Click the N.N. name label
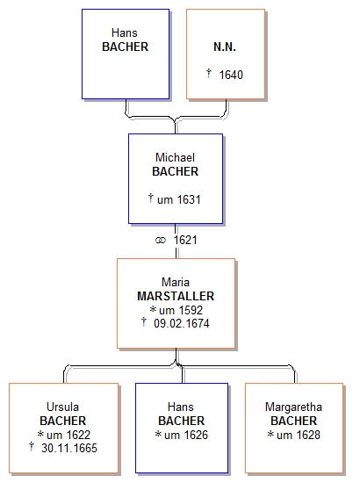point(225,47)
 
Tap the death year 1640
point(231,75)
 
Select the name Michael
point(175,157)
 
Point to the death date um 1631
point(179,199)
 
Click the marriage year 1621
point(185,240)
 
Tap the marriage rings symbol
point(161,240)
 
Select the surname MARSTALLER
point(176,296)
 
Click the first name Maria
point(176,282)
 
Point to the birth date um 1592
point(181,310)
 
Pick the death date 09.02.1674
point(182,323)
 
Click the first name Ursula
point(62,407)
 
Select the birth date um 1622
point(68,435)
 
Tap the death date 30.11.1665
point(69,448)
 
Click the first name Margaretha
point(293,407)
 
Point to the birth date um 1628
point(299,435)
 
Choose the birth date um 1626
point(186,435)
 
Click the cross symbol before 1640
point(209,74)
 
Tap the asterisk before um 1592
point(153,309)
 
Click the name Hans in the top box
point(125,32)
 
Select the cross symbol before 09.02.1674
point(144,321)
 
